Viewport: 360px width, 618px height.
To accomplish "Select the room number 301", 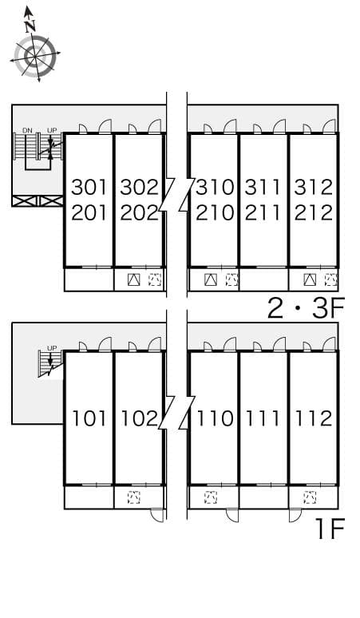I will pos(89,188).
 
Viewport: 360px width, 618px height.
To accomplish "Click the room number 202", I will pos(138,213).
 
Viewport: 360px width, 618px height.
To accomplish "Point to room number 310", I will pos(215,188).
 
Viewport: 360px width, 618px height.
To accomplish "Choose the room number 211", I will pos(263,213).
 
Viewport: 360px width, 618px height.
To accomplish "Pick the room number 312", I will pos(313,188).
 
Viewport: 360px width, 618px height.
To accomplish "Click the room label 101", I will pos(89,418).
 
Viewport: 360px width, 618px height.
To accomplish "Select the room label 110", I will pos(215,418).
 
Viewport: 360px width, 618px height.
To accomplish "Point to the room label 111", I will pos(263,418).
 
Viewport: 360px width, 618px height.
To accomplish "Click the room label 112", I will pos(313,418).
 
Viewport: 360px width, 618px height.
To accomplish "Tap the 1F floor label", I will pos(329,529).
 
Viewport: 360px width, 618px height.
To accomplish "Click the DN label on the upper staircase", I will pos(28,129).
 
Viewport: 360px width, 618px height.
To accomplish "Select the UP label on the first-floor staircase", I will pos(52,348).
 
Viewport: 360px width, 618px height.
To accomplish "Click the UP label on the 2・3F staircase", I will pos(52,129).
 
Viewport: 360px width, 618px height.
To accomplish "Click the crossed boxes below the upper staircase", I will pos(37,201).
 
